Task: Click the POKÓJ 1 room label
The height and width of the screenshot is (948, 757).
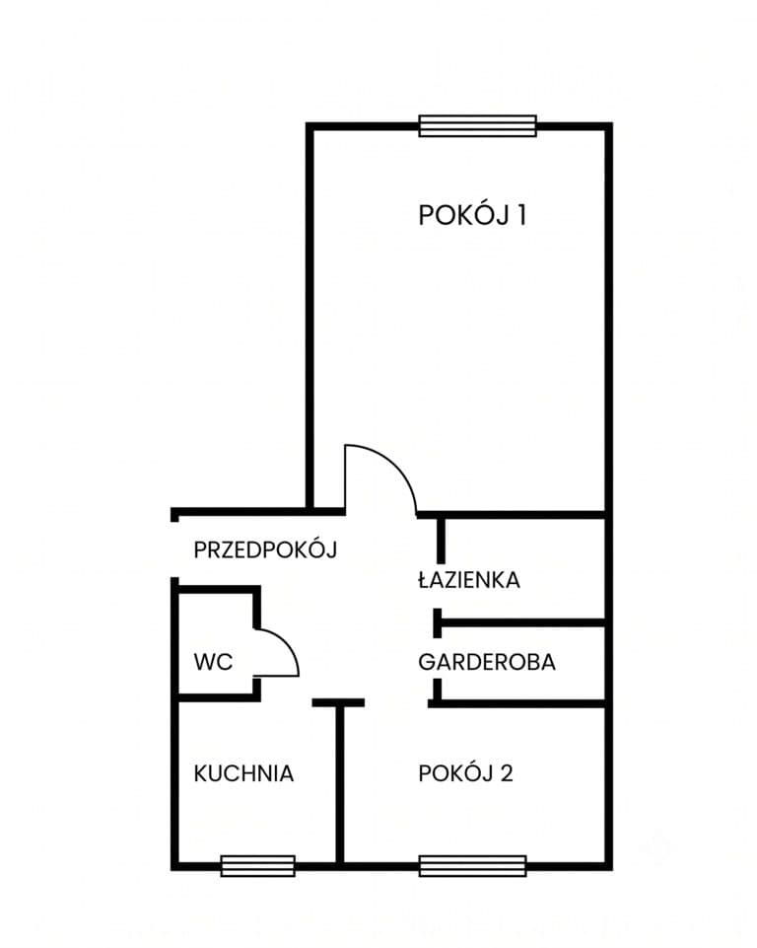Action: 472,215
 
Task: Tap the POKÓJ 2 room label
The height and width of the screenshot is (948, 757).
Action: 465,773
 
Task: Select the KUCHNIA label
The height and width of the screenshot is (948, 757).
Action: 243,773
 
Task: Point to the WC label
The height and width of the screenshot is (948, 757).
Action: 213,662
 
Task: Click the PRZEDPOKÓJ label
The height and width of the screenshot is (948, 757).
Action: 265,549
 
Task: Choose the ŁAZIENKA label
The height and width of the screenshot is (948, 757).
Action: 469,579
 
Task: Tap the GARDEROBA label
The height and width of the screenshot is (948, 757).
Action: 487,662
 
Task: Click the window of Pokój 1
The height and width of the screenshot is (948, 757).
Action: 477,125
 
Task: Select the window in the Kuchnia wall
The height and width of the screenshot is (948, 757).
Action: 258,866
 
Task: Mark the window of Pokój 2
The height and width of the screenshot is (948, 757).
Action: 472,866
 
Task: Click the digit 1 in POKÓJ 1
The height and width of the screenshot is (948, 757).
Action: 521,216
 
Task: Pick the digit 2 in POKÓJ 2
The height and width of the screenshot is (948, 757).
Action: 507,773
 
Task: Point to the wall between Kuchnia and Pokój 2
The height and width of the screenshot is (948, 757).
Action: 339,784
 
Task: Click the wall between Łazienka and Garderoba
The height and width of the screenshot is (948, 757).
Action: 519,622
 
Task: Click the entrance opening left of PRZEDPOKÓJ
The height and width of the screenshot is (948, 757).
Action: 175,548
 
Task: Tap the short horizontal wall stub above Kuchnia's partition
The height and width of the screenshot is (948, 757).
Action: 338,702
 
